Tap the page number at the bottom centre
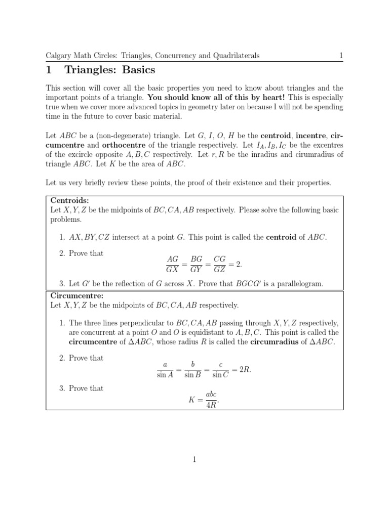tap(194, 459)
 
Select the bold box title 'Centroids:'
tap(70, 200)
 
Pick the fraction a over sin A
tap(166, 369)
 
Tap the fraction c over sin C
tap(220, 369)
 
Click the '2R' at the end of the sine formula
tap(244, 369)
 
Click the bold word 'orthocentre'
tap(109, 144)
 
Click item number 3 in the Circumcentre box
tap(63, 388)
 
